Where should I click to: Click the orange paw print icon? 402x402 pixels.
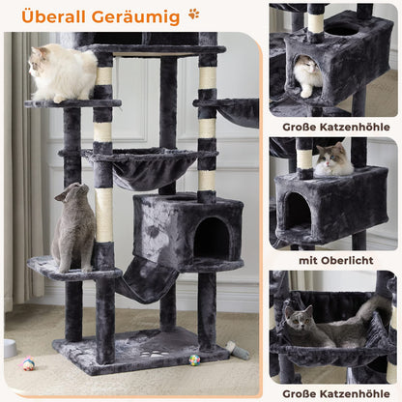point(194,14)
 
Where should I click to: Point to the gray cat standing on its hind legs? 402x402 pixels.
point(74,228)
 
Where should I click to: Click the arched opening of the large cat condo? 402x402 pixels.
point(211,238)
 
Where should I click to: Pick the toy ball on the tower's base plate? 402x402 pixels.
point(194,359)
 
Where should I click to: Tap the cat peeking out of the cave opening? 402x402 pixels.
point(307,75)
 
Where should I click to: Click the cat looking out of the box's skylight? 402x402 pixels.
point(332,159)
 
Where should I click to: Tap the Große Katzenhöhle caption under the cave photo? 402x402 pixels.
point(334,126)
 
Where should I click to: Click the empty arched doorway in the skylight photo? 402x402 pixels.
point(297,212)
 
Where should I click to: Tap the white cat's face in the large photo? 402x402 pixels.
point(40,62)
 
